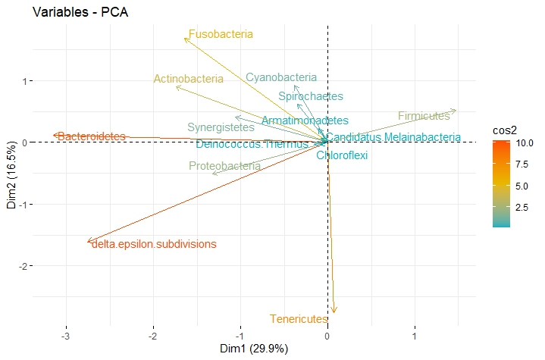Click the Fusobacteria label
[220, 34]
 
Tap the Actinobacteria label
[188, 79]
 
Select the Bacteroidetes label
[91, 136]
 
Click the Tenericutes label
[299, 319]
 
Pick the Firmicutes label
[424, 116]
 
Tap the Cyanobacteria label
[281, 77]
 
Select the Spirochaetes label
[311, 96]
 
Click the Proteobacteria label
[224, 166]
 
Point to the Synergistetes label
[221, 127]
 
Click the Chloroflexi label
[342, 155]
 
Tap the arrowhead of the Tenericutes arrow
[334, 311]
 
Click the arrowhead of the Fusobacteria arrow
[185, 38]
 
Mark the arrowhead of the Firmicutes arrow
[456, 111]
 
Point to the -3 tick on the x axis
[66, 336]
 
